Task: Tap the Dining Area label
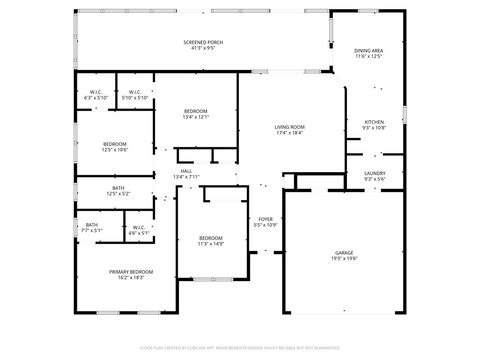pos(368,50)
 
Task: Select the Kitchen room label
pos(373,121)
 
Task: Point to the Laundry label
pos(374,173)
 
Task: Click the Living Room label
pos(290,127)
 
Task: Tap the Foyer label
pos(265,219)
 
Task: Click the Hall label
pos(187,171)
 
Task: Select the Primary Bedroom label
pos(131,271)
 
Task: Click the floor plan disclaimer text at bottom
pos(240,347)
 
